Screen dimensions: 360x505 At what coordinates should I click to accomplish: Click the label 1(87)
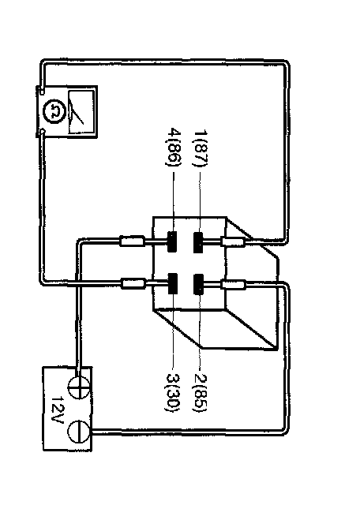(x=201, y=148)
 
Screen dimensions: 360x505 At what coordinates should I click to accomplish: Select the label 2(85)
(x=200, y=393)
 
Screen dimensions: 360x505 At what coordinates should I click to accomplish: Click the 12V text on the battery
(x=58, y=410)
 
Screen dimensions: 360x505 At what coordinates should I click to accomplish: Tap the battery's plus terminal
(x=80, y=387)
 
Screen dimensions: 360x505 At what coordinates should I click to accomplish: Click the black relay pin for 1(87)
(x=198, y=242)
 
